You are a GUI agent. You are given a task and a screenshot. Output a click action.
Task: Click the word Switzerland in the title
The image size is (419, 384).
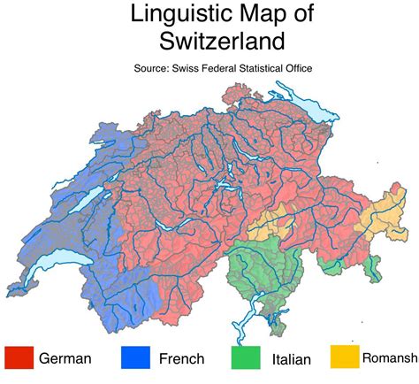(x=209, y=40)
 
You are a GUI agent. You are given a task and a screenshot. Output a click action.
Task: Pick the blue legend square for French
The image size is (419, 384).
(x=135, y=357)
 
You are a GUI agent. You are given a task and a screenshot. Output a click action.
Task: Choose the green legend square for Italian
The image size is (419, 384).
(x=246, y=357)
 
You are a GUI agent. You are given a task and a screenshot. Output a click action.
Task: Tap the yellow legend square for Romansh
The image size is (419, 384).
(x=345, y=357)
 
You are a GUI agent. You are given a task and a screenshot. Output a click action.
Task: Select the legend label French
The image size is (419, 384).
(x=181, y=358)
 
